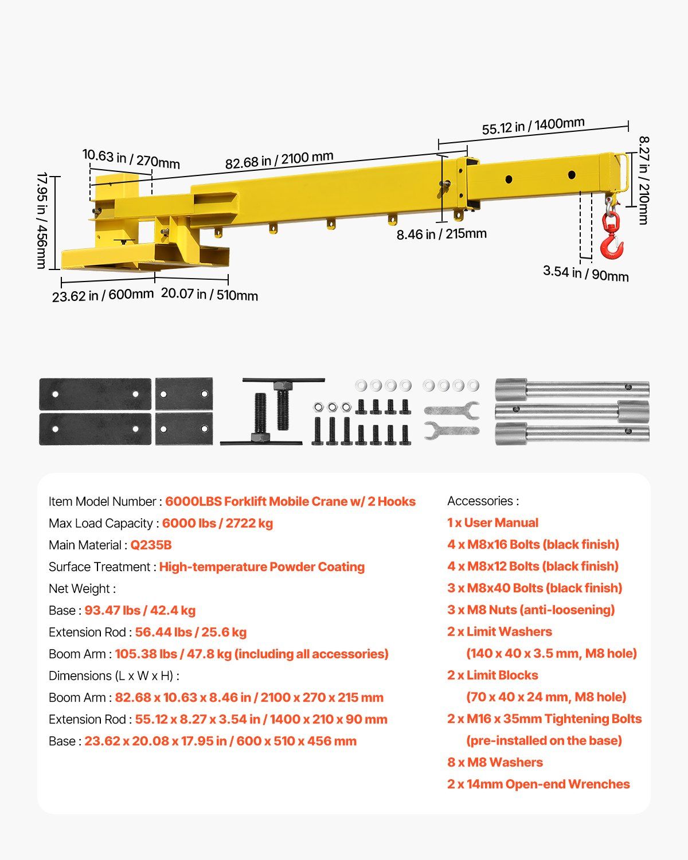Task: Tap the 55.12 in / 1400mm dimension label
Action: pyautogui.click(x=533, y=126)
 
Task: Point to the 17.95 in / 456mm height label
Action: pyautogui.click(x=42, y=220)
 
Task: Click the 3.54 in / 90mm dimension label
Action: pyautogui.click(x=585, y=273)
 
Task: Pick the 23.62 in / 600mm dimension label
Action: pyautogui.click(x=103, y=295)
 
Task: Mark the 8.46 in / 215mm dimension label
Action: pyautogui.click(x=441, y=234)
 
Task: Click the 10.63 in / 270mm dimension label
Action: pyautogui.click(x=131, y=158)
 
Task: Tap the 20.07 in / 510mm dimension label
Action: pyautogui.click(x=209, y=295)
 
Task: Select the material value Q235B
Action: pyautogui.click(x=151, y=545)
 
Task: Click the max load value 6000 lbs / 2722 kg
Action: pyautogui.click(x=217, y=523)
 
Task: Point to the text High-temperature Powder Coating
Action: pyautogui.click(x=261, y=567)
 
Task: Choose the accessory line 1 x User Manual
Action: pyautogui.click(x=492, y=523)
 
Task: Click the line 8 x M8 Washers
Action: pyautogui.click(x=495, y=763)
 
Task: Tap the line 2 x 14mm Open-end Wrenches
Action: pyautogui.click(x=538, y=784)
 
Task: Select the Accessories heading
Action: pyautogui.click(x=483, y=501)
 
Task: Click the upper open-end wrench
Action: pyautogui.click(x=451, y=409)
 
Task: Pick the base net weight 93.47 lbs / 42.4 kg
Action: pyautogui.click(x=140, y=611)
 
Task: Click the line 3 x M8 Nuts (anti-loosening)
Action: pyautogui.click(x=530, y=610)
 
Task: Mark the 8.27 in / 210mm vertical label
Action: pyautogui.click(x=643, y=180)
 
